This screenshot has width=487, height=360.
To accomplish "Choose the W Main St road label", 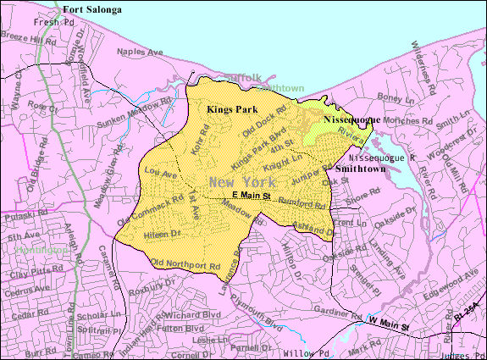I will [x=389, y=324].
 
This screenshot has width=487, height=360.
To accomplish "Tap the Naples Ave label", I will [x=141, y=52].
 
